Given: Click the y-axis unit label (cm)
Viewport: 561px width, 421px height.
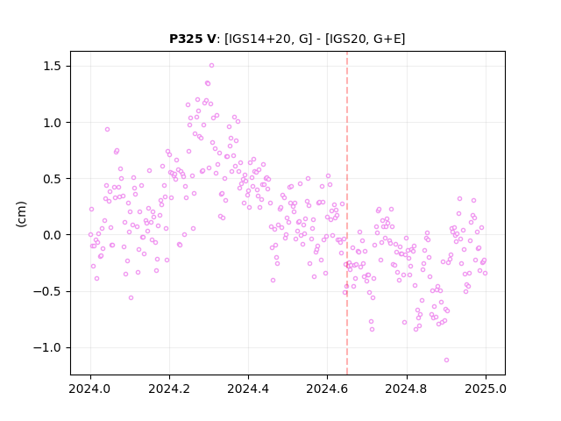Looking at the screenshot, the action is click(x=21, y=214).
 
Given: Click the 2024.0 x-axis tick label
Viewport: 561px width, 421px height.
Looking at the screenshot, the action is click(x=90, y=389).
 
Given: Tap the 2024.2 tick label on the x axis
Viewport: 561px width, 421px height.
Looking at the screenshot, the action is click(x=169, y=389).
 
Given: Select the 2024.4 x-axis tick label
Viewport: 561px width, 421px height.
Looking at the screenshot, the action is click(x=248, y=389).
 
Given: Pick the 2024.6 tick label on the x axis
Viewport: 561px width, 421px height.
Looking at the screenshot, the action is click(x=327, y=389).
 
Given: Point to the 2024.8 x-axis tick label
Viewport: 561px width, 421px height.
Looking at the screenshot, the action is click(x=407, y=389).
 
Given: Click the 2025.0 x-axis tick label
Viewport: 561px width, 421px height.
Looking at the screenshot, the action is click(x=486, y=389).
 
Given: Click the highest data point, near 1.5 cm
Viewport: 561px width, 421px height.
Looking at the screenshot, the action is click(x=211, y=65).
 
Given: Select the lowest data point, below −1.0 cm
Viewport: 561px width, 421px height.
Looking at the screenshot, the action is click(x=446, y=360).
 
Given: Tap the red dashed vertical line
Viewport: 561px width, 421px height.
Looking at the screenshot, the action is click(x=347, y=213).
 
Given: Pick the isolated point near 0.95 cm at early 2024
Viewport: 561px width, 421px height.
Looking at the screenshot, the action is click(x=107, y=129).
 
